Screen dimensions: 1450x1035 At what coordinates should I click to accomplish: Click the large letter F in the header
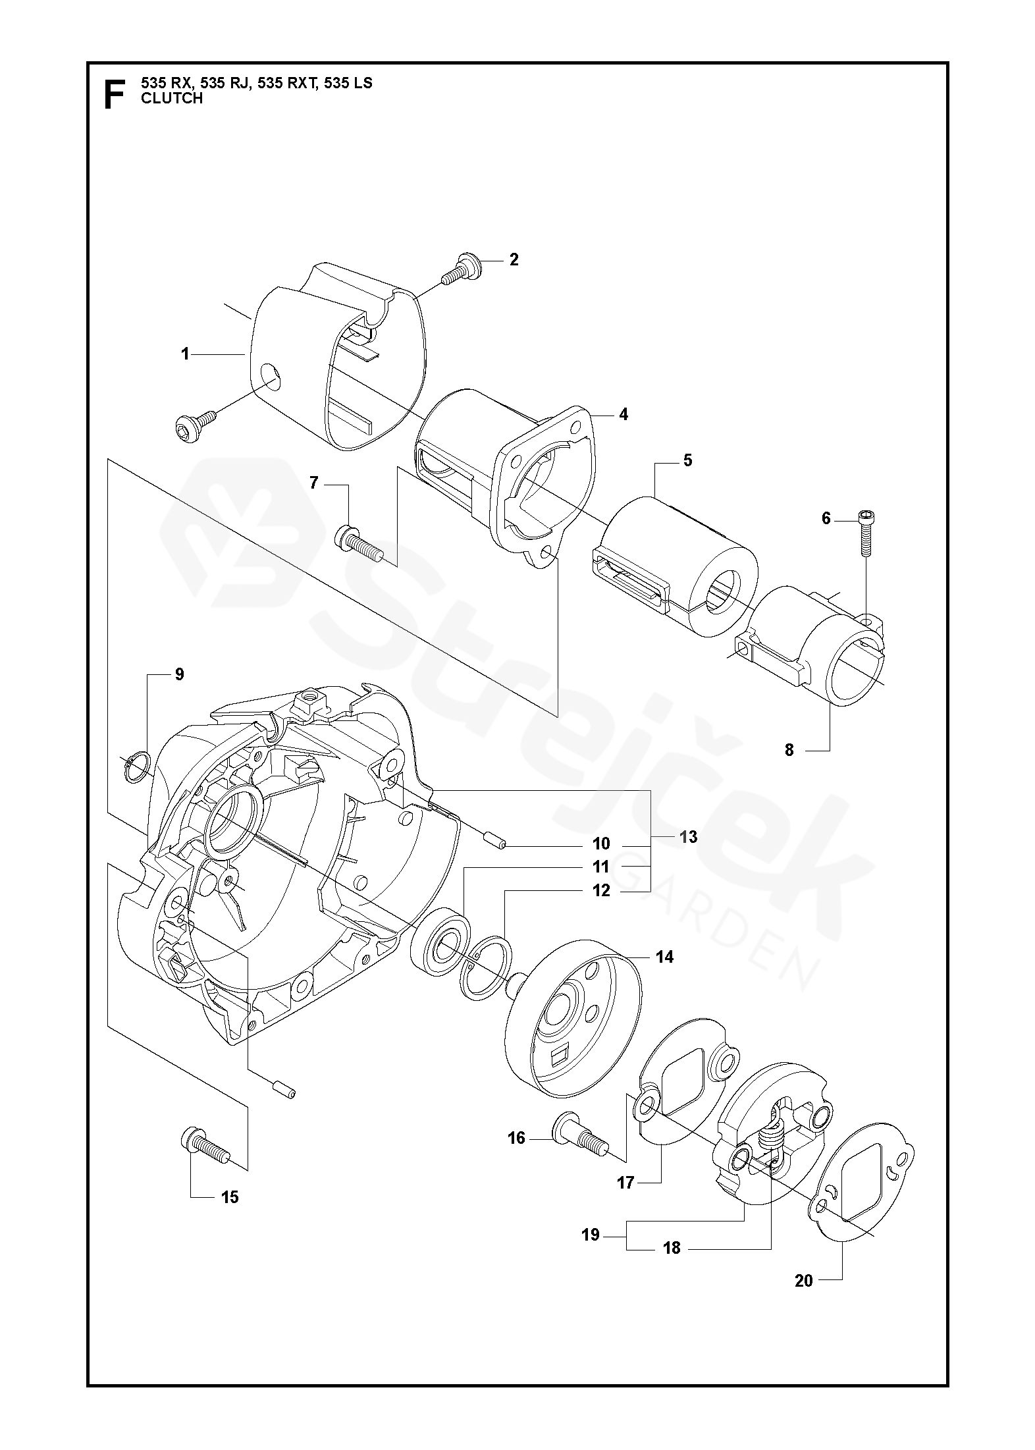[115, 94]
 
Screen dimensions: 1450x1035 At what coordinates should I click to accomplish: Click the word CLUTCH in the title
[172, 99]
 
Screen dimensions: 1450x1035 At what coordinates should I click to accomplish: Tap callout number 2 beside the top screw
[514, 259]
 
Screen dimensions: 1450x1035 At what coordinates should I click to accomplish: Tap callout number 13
[688, 837]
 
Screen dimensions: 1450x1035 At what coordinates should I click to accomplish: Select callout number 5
[687, 460]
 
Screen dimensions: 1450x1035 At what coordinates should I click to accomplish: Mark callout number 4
[623, 415]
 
